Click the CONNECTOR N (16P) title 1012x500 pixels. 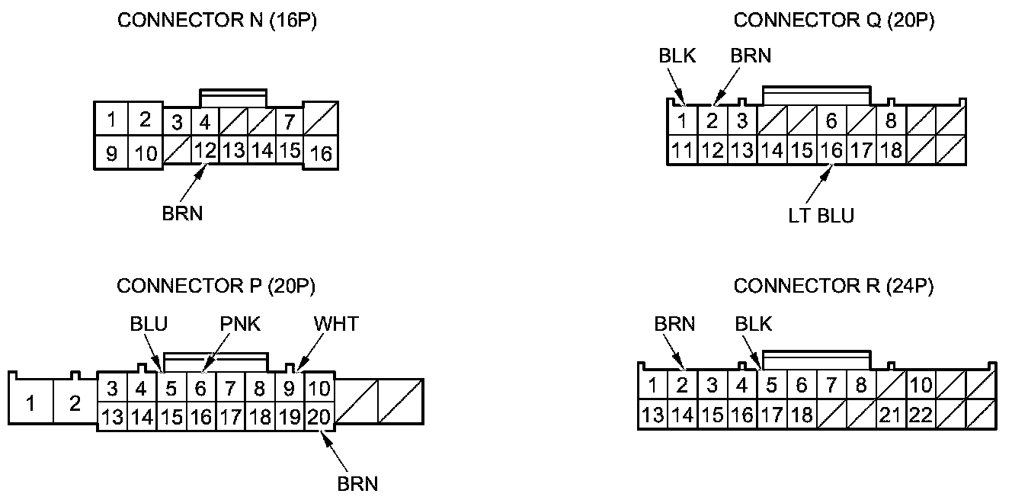[x=216, y=21]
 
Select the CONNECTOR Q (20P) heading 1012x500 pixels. [x=834, y=21]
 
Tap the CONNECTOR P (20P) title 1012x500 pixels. [x=216, y=286]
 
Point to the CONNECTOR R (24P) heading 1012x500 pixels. [x=833, y=286]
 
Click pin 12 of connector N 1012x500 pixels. [x=204, y=150]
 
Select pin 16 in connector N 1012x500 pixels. [x=322, y=153]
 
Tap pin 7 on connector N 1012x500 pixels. [x=289, y=122]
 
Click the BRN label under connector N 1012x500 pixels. [x=182, y=213]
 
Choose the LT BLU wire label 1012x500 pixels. [x=821, y=216]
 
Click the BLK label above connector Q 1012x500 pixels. [x=677, y=56]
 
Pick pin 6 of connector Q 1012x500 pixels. [x=831, y=121]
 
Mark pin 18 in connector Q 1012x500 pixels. [x=890, y=150]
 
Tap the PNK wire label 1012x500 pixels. [x=240, y=324]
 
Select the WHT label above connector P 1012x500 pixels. [x=335, y=324]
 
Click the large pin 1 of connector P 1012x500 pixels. [x=30, y=402]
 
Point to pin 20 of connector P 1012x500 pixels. [x=320, y=417]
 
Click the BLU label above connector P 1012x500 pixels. [x=149, y=324]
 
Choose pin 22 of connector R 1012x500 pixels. [x=920, y=415]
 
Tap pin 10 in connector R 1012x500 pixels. [x=921, y=386]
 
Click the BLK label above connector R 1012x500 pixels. [x=753, y=324]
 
